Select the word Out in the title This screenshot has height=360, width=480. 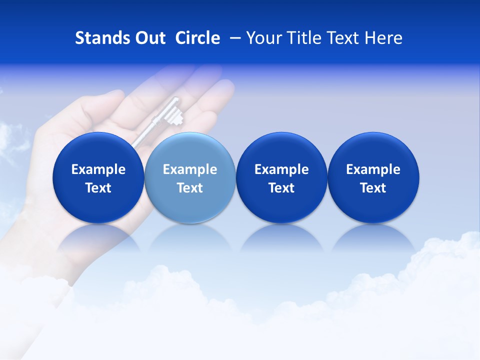click(148, 38)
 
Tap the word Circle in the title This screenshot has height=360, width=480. click(197, 38)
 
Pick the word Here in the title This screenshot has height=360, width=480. click(383, 38)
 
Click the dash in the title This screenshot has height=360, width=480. click(233, 38)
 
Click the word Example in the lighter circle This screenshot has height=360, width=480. click(190, 169)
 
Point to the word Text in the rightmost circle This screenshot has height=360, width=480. click(373, 188)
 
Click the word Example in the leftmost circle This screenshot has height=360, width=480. click(98, 169)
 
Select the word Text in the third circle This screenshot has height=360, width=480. click(281, 188)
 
